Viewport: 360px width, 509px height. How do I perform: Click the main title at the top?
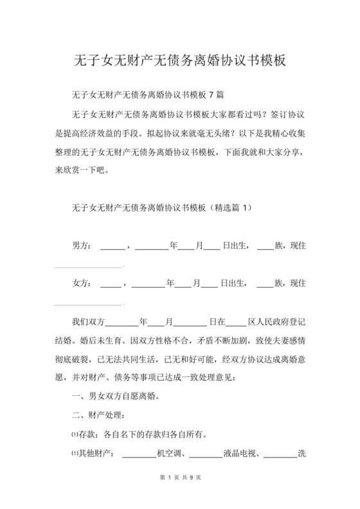pos(180,61)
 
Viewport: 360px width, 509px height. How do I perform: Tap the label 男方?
pos(82,246)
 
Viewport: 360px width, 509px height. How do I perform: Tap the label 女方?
pos(82,283)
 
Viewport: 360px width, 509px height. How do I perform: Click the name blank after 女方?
pos(111,284)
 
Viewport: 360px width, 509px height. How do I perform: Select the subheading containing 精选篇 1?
pos(164,209)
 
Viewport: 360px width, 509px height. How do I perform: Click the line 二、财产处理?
pos(102,416)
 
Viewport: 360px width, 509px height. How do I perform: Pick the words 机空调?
pos(172,454)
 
